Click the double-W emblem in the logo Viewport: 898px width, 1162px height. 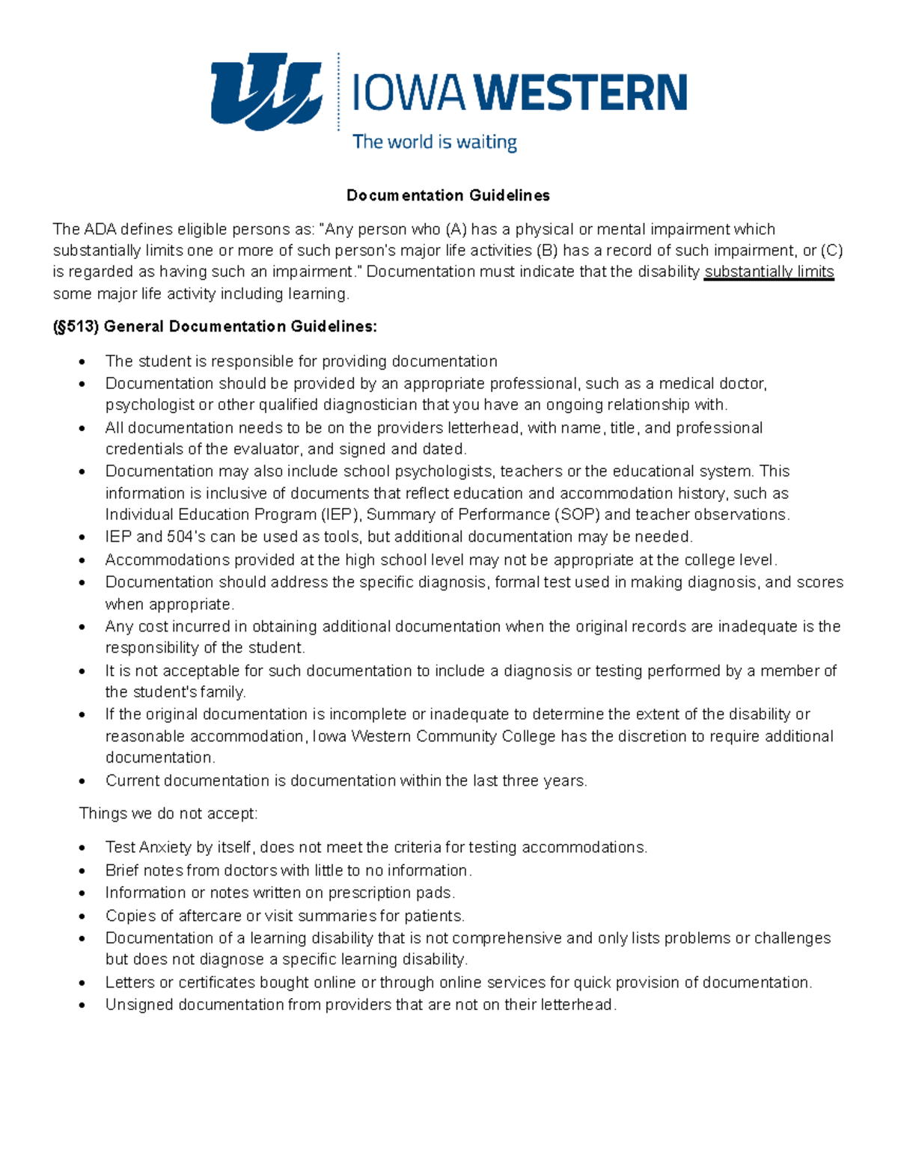tap(266, 91)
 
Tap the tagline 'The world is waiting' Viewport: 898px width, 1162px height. tap(435, 142)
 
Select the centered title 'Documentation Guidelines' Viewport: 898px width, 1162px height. tap(448, 195)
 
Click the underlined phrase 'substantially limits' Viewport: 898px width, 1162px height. tap(769, 272)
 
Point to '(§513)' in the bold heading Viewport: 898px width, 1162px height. tap(76, 326)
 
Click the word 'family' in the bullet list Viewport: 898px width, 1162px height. tap(222, 692)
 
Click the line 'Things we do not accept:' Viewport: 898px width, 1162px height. tap(168, 813)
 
